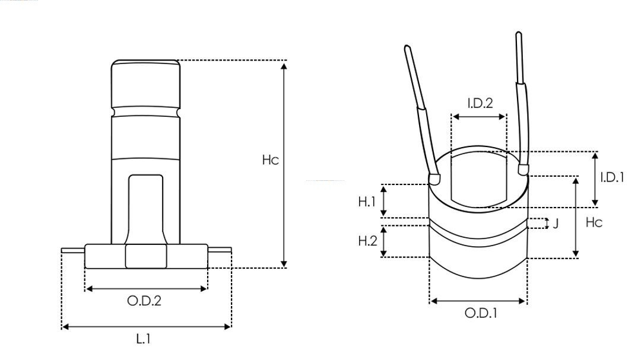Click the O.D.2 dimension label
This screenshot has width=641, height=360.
(144, 301)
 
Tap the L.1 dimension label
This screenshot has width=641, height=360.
(144, 340)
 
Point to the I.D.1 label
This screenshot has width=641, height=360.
(612, 177)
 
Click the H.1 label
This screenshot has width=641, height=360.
(367, 202)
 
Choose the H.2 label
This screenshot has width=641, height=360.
(367, 241)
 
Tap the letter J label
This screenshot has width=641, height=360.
(556, 224)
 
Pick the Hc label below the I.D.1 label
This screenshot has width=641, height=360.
(594, 222)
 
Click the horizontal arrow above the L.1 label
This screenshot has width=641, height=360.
(146, 326)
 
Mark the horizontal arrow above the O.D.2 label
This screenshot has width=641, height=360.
(147, 289)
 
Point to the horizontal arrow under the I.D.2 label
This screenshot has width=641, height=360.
(479, 117)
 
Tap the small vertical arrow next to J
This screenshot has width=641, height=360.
(545, 224)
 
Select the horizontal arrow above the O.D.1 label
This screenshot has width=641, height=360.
(478, 301)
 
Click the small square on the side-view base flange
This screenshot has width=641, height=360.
(146, 256)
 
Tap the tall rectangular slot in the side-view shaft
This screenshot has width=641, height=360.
(146, 208)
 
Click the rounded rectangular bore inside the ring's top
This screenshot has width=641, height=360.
(478, 177)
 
